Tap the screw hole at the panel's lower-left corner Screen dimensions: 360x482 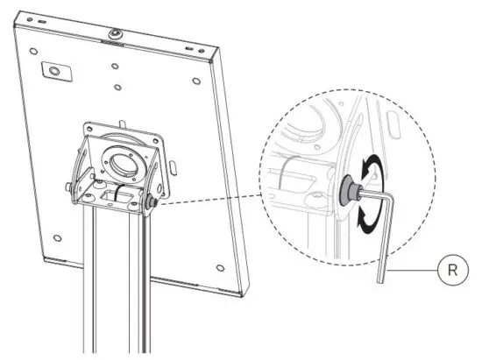click(57, 239)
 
